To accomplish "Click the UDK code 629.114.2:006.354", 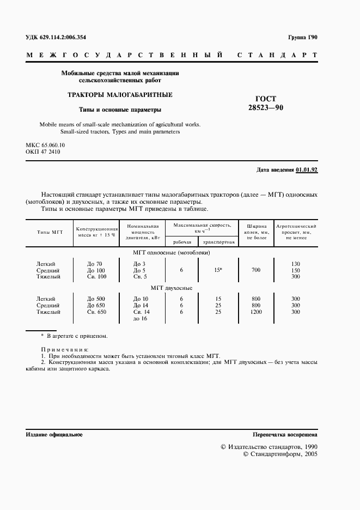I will (56, 38).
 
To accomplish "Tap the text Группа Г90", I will (302, 38).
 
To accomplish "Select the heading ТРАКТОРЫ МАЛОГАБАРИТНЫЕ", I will (120, 95).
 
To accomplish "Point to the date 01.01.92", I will (307, 170).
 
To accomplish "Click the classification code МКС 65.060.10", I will (45, 145).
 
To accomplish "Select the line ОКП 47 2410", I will (42, 152).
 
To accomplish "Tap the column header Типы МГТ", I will (50, 232).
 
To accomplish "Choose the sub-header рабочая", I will (182, 242).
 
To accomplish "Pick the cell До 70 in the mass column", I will (95, 264).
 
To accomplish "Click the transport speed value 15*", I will (217, 270).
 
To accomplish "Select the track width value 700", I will (256, 270).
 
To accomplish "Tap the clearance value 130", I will (296, 264).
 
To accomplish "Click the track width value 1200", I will (256, 312).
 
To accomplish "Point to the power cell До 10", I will (141, 299).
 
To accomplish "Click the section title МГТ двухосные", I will (171, 288).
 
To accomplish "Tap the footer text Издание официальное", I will (54, 435).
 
